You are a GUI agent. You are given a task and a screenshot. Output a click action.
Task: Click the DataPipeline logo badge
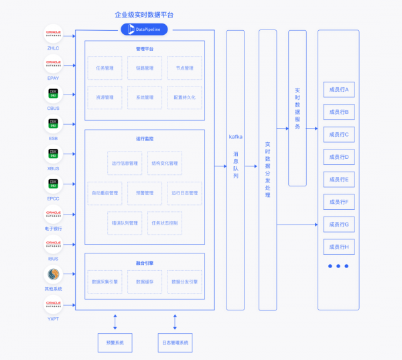pos(144,29)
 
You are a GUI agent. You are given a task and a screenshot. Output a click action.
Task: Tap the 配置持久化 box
pos(184,97)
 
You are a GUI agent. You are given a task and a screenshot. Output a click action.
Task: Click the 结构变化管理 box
pos(164,163)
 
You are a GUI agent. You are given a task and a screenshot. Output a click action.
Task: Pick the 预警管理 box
pos(144,193)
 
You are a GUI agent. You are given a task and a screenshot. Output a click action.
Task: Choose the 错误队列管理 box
pos(125,223)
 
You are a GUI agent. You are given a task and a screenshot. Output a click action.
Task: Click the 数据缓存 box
pos(144,282)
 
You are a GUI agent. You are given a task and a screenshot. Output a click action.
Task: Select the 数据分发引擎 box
pos(184,282)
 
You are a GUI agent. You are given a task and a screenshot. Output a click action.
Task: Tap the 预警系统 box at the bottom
pos(115,343)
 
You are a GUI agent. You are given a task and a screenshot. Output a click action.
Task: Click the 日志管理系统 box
pos(175,343)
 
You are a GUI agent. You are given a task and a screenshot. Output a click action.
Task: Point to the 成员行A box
pos(338,89)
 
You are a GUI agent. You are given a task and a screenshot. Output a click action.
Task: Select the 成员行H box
pos(338,247)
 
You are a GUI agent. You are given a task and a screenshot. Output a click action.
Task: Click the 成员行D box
pos(338,157)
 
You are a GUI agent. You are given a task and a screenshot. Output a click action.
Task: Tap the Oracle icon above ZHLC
pos(53,34)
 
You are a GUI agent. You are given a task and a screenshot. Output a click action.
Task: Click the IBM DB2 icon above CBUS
pos(53,94)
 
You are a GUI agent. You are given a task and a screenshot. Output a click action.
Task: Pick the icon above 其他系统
pos(53,275)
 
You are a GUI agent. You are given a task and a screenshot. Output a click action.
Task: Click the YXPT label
pos(53,319)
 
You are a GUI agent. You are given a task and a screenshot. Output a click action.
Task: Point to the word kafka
pos(236,136)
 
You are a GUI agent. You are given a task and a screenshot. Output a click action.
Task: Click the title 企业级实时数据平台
pos(144,14)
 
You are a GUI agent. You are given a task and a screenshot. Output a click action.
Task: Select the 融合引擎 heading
pos(144,263)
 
